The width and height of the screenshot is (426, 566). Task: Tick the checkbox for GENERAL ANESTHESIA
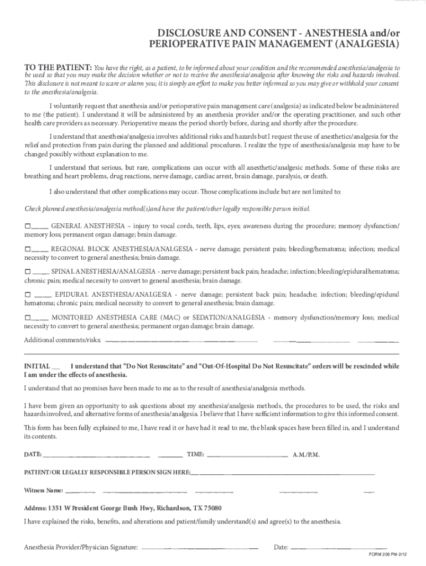click(28, 227)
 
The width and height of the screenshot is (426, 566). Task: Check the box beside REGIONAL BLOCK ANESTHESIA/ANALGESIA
click(28, 250)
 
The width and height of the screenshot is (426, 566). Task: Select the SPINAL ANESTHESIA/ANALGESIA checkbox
click(28, 272)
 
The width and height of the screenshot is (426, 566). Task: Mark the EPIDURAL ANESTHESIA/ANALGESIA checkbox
click(28, 295)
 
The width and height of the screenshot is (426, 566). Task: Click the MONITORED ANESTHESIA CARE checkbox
click(28, 318)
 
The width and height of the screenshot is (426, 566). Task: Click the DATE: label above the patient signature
click(33, 454)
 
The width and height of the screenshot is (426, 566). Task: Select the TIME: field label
click(195, 454)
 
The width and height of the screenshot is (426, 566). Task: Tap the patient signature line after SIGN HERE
click(282, 473)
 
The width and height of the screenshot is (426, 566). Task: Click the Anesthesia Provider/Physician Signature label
click(81, 548)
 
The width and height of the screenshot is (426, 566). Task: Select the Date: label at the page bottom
click(281, 548)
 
